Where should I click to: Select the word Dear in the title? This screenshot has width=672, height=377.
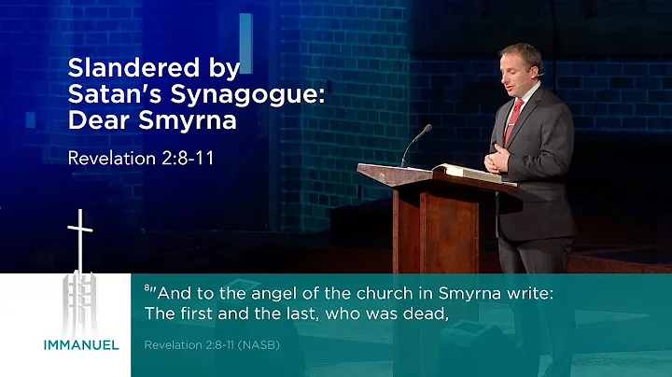point(98,120)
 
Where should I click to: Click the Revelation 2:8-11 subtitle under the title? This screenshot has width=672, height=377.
point(141,157)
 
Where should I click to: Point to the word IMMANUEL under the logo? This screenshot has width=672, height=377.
point(81,344)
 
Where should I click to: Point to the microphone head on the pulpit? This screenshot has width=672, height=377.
point(427,128)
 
